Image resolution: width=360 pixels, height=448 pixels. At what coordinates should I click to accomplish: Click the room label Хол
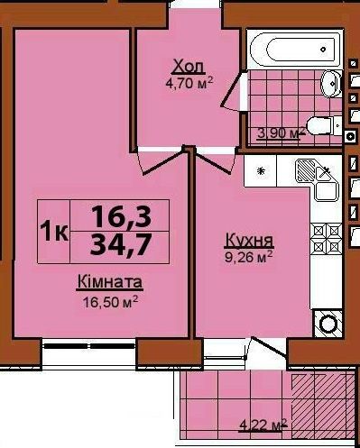pyautogui.click(x=189, y=68)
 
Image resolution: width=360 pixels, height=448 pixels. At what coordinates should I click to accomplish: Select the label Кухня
pyautogui.click(x=249, y=241)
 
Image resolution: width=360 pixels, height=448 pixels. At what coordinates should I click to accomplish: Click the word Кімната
pyautogui.click(x=110, y=282)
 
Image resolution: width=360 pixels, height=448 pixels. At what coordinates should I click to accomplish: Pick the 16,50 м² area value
pyautogui.click(x=110, y=302)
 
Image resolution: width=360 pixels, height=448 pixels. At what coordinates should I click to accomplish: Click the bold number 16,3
pyautogui.click(x=121, y=216)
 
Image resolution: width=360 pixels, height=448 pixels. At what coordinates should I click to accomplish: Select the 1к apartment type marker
pyautogui.click(x=54, y=232)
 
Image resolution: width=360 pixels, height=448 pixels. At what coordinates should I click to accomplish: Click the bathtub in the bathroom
pyautogui.click(x=295, y=50)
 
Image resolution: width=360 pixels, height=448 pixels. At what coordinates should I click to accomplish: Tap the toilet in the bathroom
pyautogui.click(x=324, y=126)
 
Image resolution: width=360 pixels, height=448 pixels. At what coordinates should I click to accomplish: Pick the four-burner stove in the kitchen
pyautogui.click(x=326, y=239)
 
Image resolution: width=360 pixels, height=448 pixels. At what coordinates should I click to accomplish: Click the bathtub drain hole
pyautogui.click(x=323, y=50)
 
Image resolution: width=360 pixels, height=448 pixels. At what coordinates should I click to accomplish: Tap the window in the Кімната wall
pyautogui.click(x=88, y=346)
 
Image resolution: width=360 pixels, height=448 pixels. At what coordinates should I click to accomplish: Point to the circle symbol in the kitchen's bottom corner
pyautogui.click(x=328, y=324)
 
